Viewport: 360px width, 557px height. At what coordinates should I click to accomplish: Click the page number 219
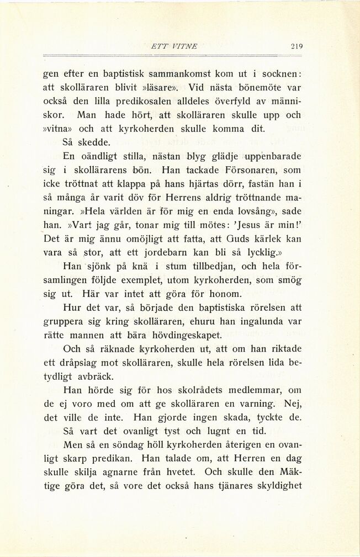coord(297,47)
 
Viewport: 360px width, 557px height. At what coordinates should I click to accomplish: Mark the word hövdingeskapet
coord(184,335)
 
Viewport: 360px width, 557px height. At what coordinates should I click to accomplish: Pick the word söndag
coord(115,444)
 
